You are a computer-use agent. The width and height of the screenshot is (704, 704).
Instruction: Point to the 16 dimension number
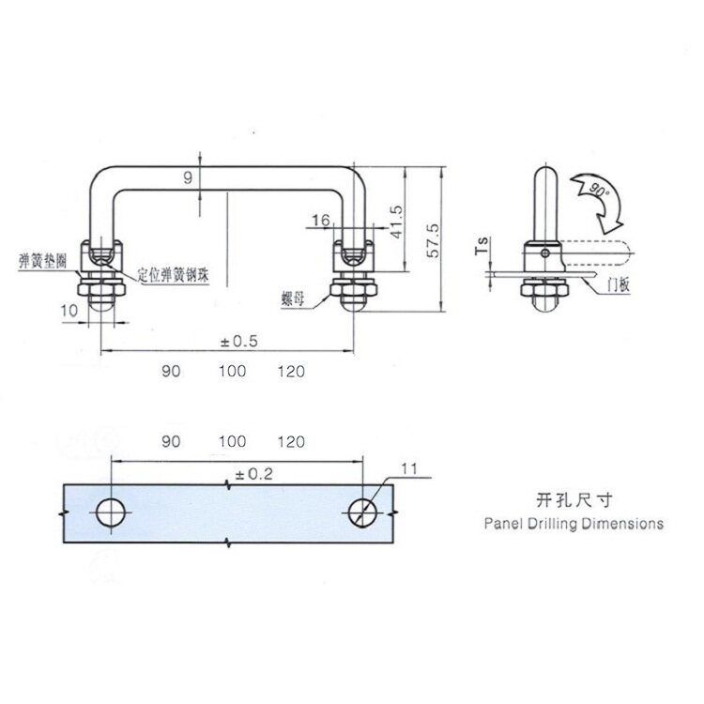point(319,220)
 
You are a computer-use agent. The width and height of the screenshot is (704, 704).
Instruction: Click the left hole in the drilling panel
point(111,512)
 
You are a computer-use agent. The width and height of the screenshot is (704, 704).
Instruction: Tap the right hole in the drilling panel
point(362,512)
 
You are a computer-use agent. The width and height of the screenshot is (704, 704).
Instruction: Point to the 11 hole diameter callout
point(406,469)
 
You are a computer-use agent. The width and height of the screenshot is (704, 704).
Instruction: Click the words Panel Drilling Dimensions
point(574,523)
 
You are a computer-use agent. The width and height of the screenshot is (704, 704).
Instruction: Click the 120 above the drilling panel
point(291,439)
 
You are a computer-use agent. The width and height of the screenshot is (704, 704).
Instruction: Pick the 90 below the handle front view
point(170,371)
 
